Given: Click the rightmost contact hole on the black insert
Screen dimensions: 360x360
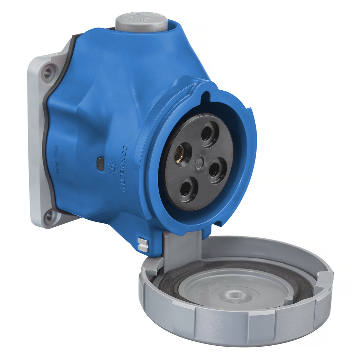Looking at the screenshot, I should pyautogui.click(x=217, y=170).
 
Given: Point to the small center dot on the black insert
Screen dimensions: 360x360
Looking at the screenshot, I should pyautogui.click(x=199, y=163).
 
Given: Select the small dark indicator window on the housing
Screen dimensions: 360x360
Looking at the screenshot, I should pyautogui.click(x=101, y=163).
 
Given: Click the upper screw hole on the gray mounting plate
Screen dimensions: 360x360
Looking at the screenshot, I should pyautogui.click(x=48, y=73).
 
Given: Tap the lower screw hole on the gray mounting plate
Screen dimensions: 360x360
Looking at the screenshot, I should pyautogui.click(x=49, y=216).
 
